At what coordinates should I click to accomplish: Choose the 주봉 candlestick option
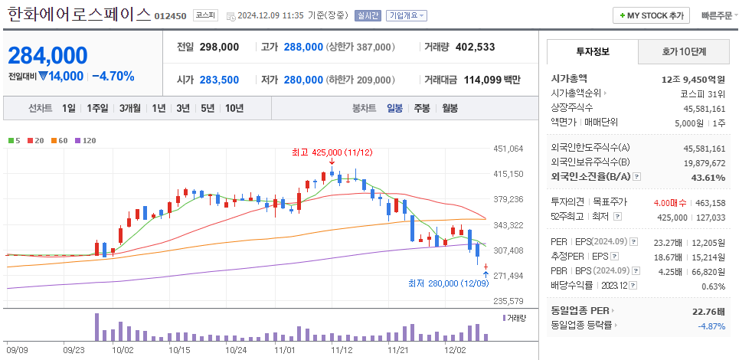tap(421, 108)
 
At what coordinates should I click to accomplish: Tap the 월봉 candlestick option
tap(450, 108)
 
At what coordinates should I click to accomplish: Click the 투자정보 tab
tap(592, 51)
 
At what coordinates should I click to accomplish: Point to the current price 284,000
tap(47, 55)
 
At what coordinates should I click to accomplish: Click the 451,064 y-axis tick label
tap(508, 149)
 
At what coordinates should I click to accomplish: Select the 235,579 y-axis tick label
tap(508, 301)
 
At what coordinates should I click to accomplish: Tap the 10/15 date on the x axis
tap(179, 350)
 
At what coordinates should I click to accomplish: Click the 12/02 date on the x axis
tap(456, 350)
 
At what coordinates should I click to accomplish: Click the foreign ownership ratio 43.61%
tap(708, 178)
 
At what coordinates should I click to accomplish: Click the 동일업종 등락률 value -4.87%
tap(711, 326)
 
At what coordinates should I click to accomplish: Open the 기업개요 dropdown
tap(407, 15)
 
